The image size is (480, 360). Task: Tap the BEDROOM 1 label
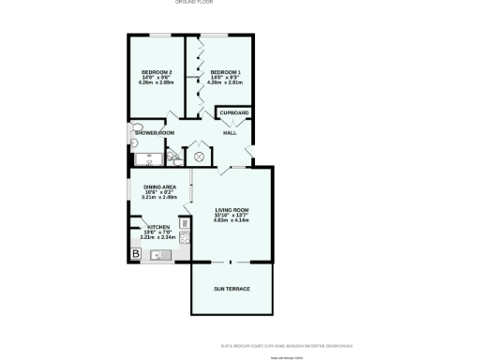pyautogui.click(x=225, y=72)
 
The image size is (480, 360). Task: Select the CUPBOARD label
pyautogui.click(x=234, y=113)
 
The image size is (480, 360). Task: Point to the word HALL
pyautogui.click(x=229, y=133)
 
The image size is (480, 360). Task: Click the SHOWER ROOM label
pyautogui.click(x=155, y=133)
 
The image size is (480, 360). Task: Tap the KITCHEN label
pyautogui.click(x=157, y=227)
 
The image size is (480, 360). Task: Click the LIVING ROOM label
pyautogui.click(x=231, y=209)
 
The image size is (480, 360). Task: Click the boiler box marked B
pyautogui.click(x=136, y=253)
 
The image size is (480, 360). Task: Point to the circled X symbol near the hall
pyautogui.click(x=198, y=157)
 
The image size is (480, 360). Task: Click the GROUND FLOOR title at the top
pyautogui.click(x=194, y=3)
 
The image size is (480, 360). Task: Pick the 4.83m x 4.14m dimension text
pyautogui.click(x=231, y=220)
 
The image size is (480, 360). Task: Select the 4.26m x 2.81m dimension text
pyautogui.click(x=225, y=83)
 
